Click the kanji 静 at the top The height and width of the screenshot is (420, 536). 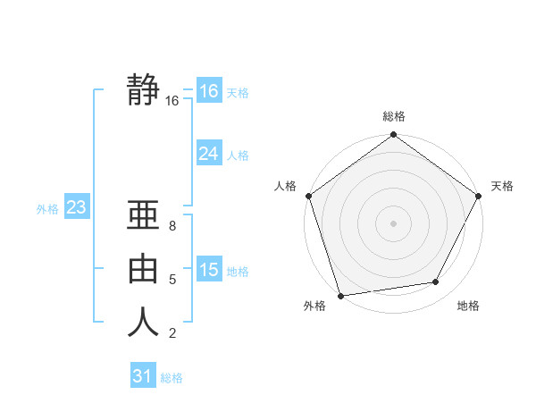[x=144, y=90]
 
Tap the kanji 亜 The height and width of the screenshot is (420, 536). [x=144, y=216]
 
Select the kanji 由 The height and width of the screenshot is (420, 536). [x=144, y=269]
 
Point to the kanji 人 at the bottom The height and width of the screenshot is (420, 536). [x=144, y=322]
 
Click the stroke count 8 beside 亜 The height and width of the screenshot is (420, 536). [x=172, y=226]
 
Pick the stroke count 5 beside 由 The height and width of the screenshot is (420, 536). [x=172, y=280]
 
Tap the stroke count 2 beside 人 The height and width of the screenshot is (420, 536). [x=172, y=333]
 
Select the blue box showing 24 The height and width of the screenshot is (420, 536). [x=208, y=154]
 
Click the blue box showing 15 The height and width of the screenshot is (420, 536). [x=208, y=270]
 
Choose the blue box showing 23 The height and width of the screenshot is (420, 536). [x=76, y=208]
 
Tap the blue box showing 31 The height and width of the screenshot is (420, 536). [x=142, y=376]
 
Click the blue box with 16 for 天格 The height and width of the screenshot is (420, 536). [x=208, y=91]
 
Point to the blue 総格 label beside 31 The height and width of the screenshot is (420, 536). [x=172, y=378]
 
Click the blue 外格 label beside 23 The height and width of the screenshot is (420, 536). [x=47, y=209]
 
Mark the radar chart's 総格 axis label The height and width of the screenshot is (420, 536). [x=394, y=117]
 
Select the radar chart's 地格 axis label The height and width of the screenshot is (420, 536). [x=468, y=307]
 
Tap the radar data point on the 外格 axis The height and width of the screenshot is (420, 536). [x=341, y=295]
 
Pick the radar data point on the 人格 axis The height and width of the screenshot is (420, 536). [x=309, y=196]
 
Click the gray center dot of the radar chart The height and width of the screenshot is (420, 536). [x=394, y=223]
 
